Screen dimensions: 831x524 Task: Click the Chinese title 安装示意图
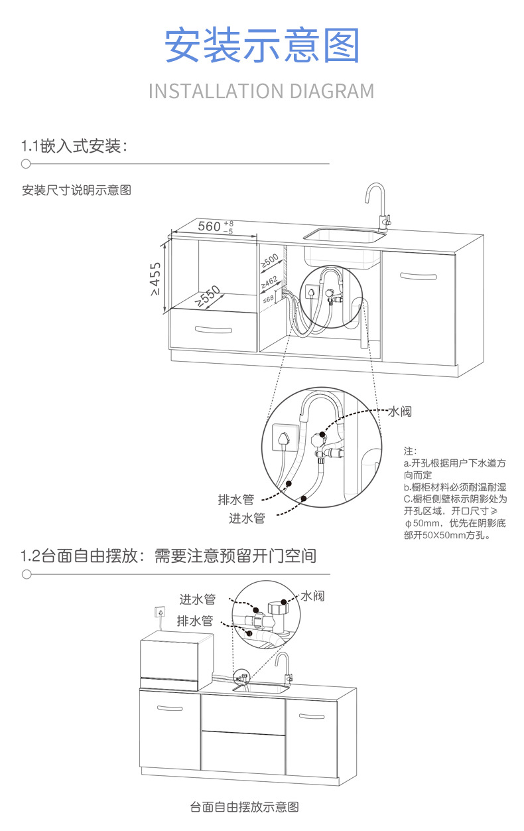click(262, 45)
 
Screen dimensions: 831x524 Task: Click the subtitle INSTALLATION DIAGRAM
click(261, 91)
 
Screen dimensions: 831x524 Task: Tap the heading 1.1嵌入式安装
click(74, 146)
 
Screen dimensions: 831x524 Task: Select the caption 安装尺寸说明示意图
click(77, 190)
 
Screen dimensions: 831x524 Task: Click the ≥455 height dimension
click(155, 279)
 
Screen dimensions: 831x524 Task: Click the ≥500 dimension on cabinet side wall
click(269, 261)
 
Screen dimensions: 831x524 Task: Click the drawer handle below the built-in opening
click(213, 330)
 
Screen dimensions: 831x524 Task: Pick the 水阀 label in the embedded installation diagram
click(399, 412)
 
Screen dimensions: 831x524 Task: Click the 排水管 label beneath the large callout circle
click(235, 499)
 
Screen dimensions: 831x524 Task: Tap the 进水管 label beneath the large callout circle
click(247, 518)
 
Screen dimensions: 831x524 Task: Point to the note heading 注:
click(410, 451)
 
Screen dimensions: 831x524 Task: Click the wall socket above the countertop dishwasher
click(160, 611)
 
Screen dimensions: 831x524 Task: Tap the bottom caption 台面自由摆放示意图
click(244, 807)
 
